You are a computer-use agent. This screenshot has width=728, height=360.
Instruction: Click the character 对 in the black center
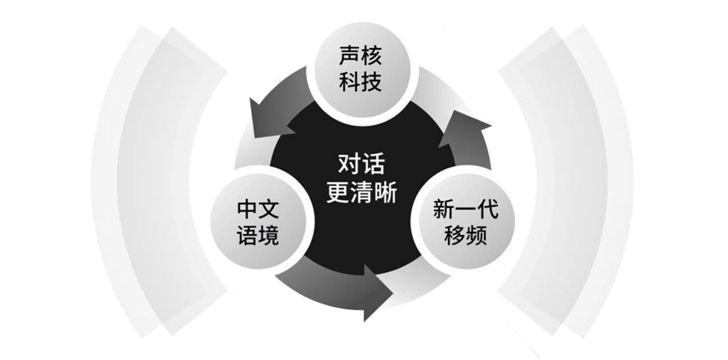(x=349, y=166)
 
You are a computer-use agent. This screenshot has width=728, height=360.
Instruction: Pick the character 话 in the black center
(x=374, y=166)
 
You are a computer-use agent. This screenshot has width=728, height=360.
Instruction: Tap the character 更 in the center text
(x=337, y=194)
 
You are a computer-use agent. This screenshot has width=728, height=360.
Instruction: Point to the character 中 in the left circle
(x=246, y=210)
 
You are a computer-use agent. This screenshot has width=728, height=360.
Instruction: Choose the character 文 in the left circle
(x=270, y=210)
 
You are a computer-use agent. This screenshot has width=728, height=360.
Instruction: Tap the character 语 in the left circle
(x=246, y=236)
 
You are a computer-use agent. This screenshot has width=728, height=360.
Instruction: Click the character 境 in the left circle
(x=270, y=236)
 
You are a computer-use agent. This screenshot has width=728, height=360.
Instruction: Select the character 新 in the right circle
(x=444, y=210)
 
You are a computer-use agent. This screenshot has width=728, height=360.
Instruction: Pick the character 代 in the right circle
(x=487, y=210)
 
